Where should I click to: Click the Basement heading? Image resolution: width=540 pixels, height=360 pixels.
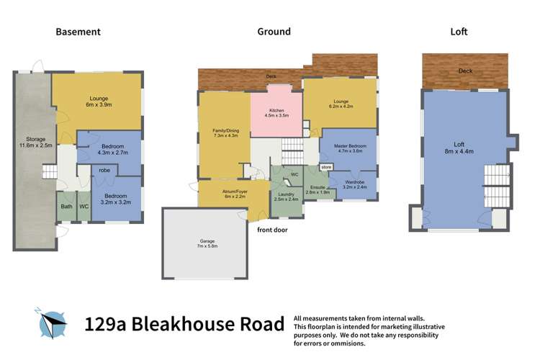click(x=78, y=32)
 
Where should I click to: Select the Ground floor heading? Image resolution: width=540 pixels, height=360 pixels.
click(x=274, y=32)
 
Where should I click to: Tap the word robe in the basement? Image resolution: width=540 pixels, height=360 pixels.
click(x=104, y=171)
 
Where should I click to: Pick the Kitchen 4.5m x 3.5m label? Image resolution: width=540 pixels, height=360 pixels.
click(x=276, y=112)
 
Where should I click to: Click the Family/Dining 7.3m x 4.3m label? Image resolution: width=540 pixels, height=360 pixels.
click(x=226, y=133)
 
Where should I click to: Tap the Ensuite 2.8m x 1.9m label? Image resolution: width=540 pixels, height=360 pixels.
click(x=318, y=190)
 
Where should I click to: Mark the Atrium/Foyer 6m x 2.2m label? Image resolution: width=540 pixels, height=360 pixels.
click(x=224, y=194)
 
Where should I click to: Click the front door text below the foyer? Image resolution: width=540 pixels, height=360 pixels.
click(x=274, y=230)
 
